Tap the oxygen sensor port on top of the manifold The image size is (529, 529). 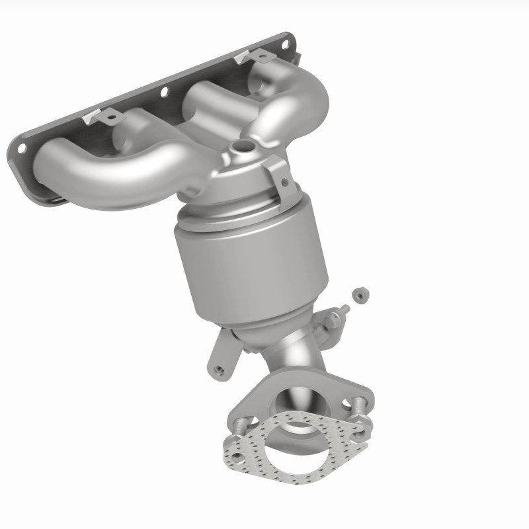point(243,145)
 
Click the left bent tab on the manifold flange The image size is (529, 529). point(109,117)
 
